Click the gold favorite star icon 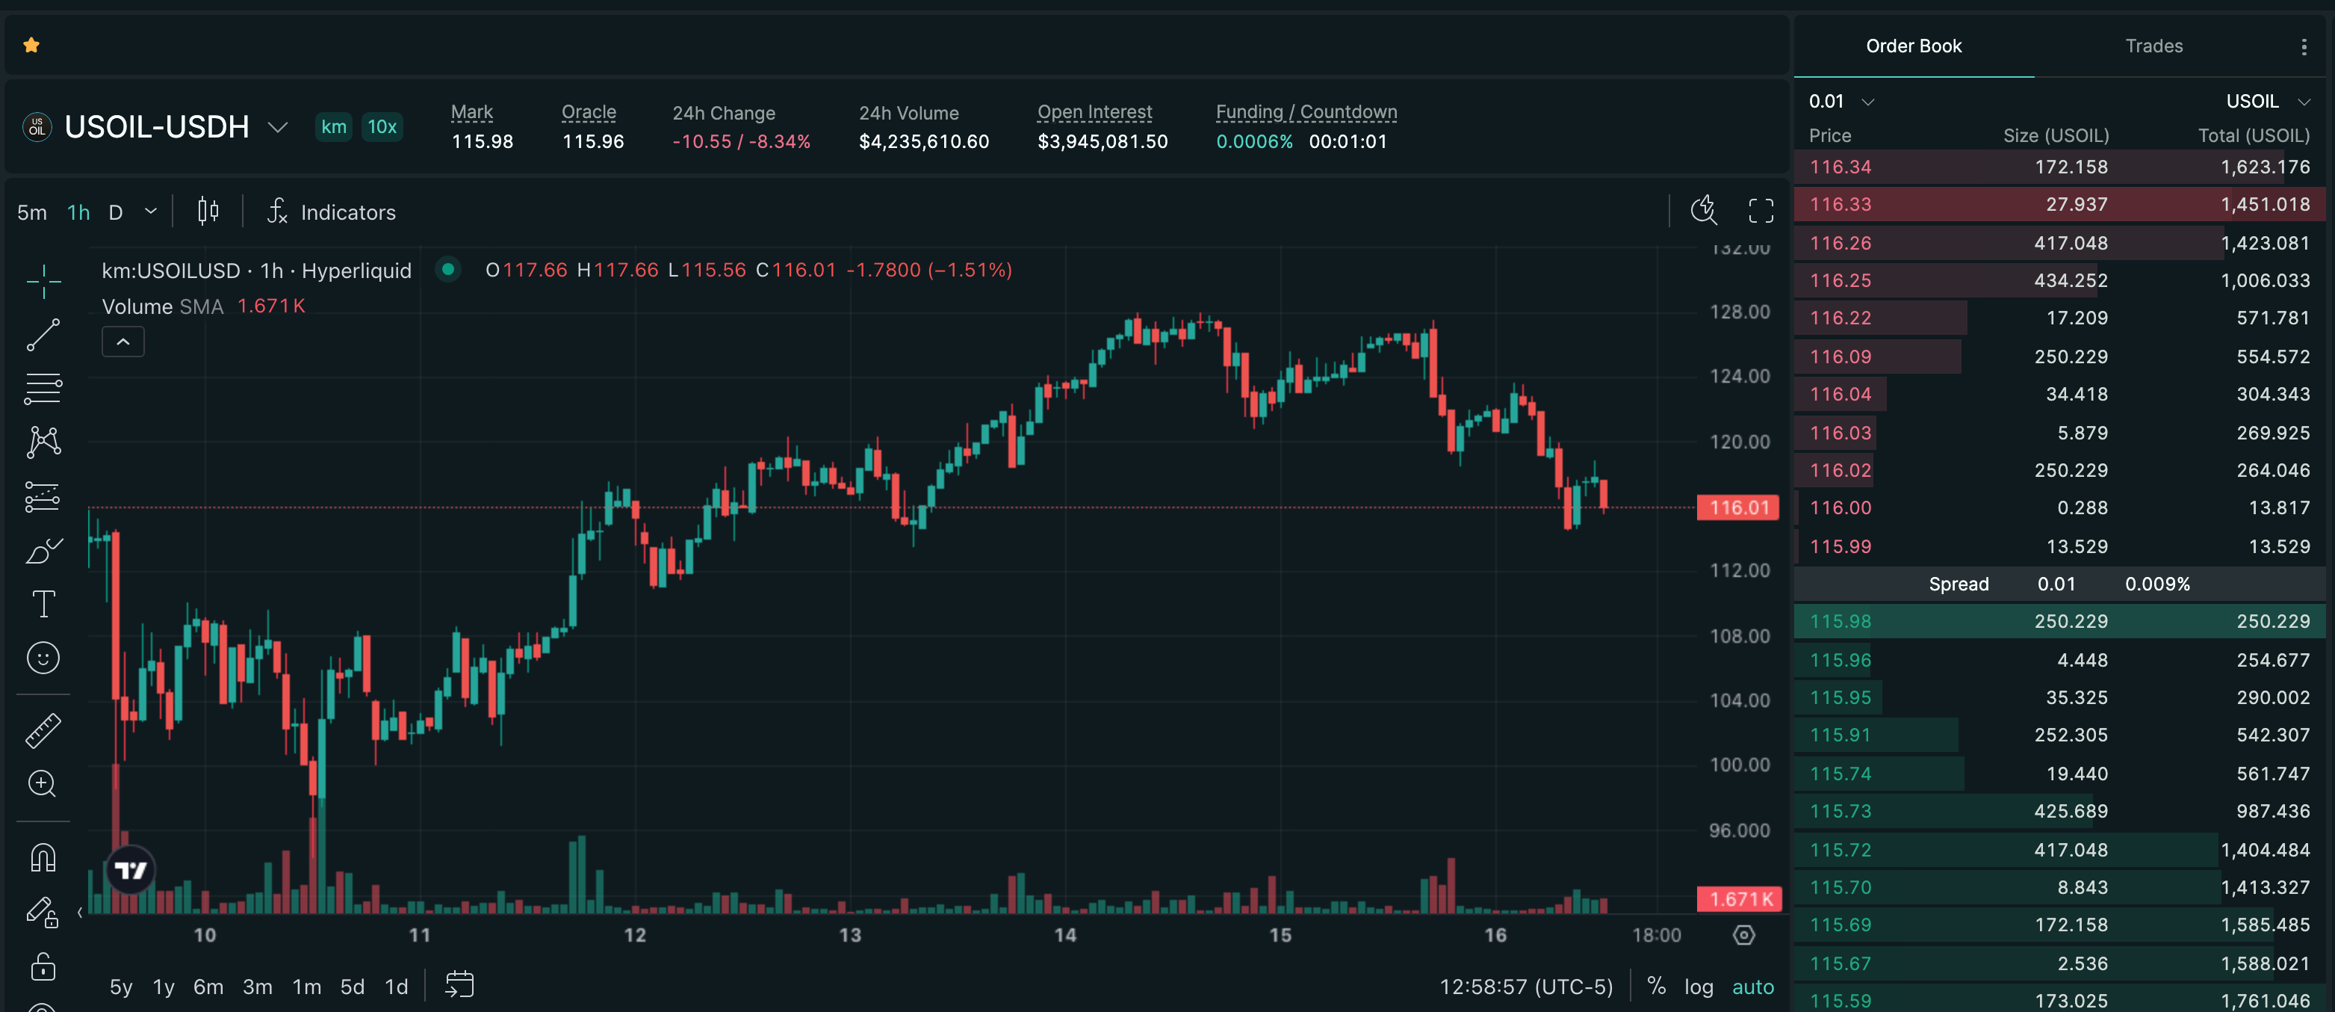click(x=31, y=46)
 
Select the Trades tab click(x=2153, y=46)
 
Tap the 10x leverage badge click(x=382, y=127)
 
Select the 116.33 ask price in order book click(x=1840, y=205)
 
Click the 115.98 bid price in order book click(x=1840, y=622)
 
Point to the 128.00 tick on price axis click(x=1740, y=312)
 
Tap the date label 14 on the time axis click(x=1065, y=935)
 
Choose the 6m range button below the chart click(x=208, y=987)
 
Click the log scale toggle click(x=1699, y=987)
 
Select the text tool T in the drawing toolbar click(x=43, y=604)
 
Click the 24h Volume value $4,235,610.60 click(x=924, y=141)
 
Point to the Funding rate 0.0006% click(x=1254, y=141)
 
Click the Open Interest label click(x=1095, y=112)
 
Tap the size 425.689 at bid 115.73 click(x=2071, y=812)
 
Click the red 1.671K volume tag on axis click(x=1740, y=900)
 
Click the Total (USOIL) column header click(x=2254, y=136)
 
